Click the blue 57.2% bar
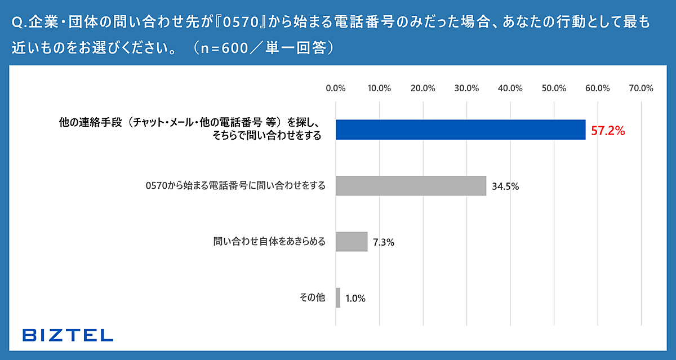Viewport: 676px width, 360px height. click(x=460, y=130)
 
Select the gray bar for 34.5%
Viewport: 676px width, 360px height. click(x=411, y=185)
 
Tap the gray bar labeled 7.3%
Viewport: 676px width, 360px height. click(x=352, y=242)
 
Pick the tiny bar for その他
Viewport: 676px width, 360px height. click(x=338, y=298)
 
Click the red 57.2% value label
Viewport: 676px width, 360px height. click(x=608, y=131)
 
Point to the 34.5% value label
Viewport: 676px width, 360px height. click(x=505, y=186)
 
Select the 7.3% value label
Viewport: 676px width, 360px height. click(x=383, y=243)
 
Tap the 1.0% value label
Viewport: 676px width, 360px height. click(x=355, y=299)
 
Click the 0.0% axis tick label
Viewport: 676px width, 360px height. click(x=336, y=88)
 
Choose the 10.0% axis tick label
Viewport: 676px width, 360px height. click(x=379, y=88)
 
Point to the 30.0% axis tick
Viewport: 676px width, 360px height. click(x=466, y=88)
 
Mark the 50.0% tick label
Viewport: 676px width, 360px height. click(x=554, y=88)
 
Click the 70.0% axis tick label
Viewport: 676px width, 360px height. click(x=641, y=88)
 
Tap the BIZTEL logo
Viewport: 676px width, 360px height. click(x=68, y=335)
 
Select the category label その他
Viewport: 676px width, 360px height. click(x=313, y=298)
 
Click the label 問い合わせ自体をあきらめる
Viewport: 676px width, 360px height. click(x=269, y=242)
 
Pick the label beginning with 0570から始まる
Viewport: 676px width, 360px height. click(x=235, y=185)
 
